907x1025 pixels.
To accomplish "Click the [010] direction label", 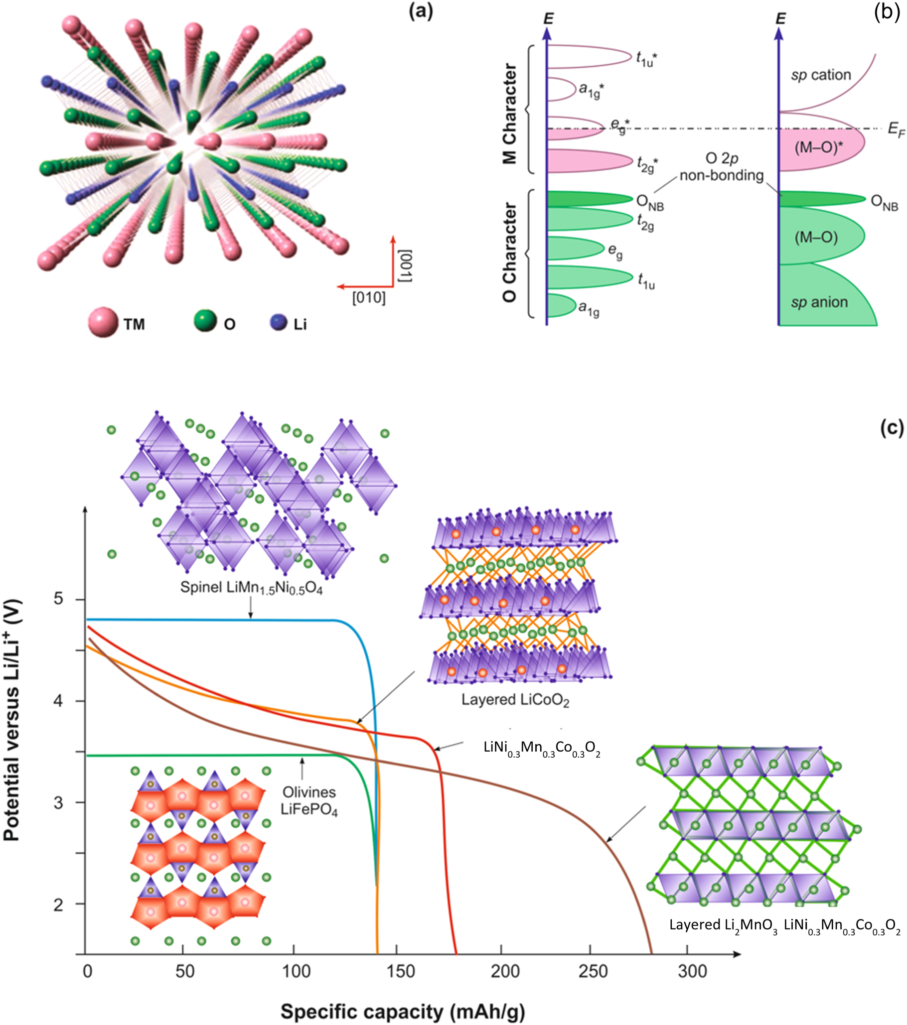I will (369, 297).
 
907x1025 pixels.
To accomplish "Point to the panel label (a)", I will (421, 11).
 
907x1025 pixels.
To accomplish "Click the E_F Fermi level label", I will (896, 130).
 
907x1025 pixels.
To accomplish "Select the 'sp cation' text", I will (821, 75).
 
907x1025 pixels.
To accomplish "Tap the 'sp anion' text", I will (819, 302).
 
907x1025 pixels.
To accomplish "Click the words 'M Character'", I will (510, 114).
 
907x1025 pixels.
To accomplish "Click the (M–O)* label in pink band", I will (815, 149).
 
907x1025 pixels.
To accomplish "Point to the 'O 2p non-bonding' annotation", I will (722, 167).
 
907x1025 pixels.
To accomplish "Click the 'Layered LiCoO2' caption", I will (515, 700).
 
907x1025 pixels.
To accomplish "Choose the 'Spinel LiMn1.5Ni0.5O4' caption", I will (251, 588).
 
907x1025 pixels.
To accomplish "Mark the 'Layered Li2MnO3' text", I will (723, 925).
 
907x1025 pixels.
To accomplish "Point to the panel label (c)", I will (892, 429).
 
